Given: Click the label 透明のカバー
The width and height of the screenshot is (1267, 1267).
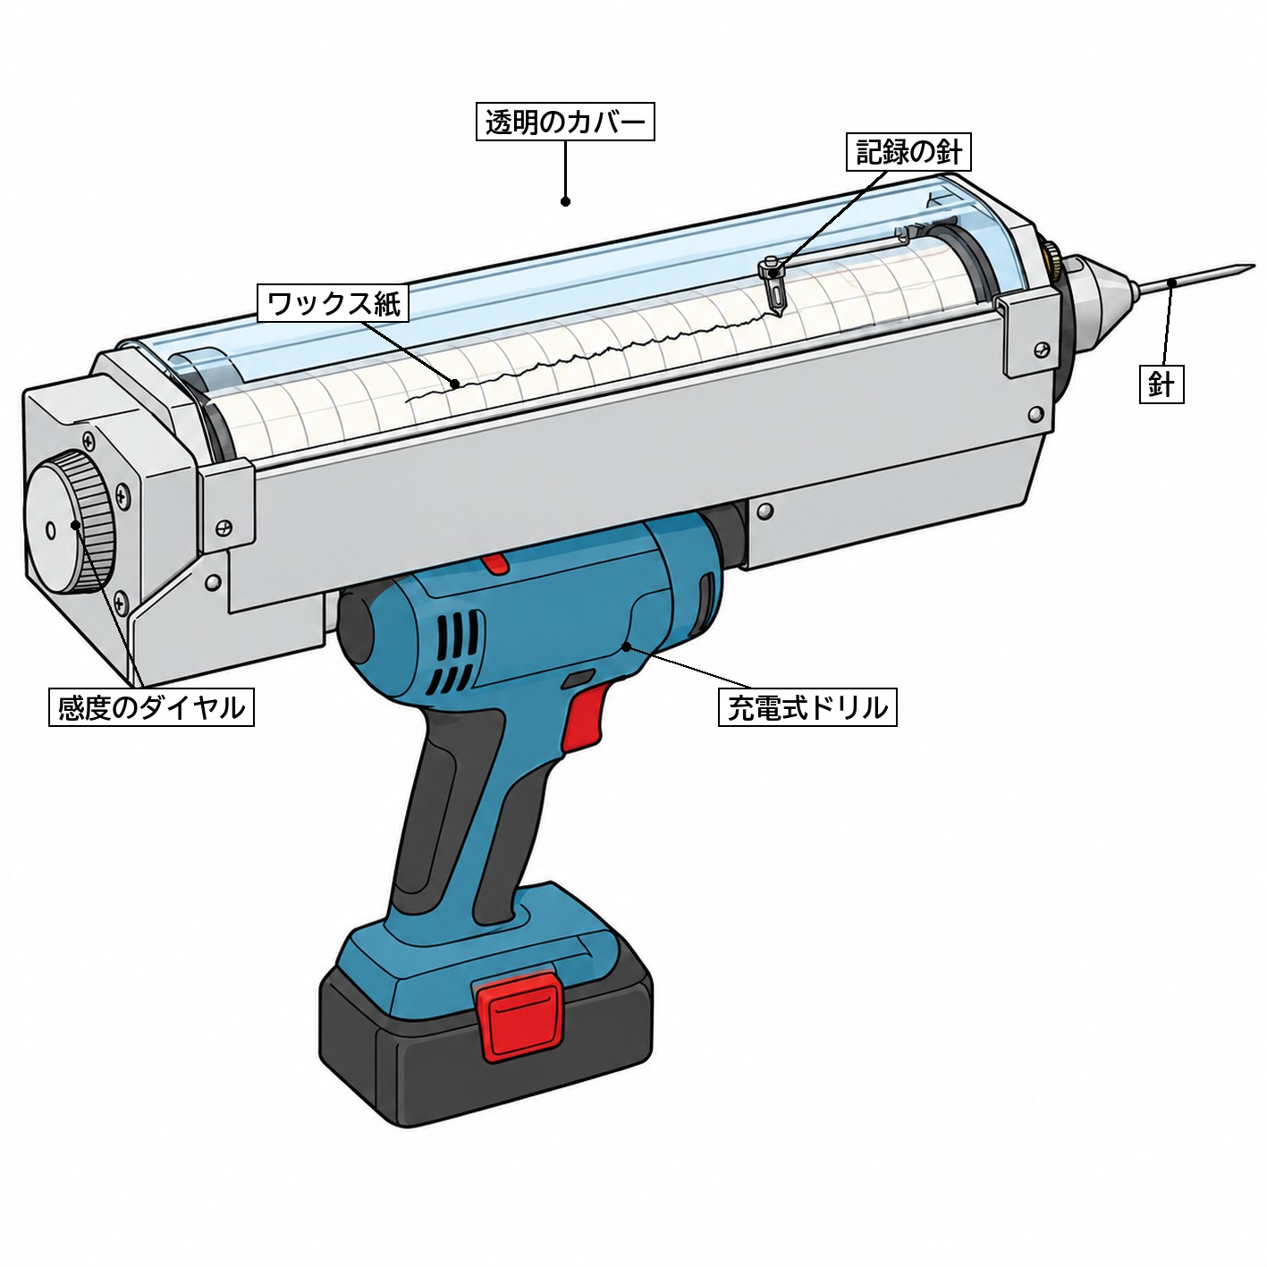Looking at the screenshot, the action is (x=565, y=122).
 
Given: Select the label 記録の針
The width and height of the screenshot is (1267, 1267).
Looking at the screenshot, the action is (x=908, y=153).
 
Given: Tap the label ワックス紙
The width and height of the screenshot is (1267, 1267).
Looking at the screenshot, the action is (x=334, y=303).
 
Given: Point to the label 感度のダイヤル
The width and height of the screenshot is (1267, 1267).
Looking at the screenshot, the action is (x=151, y=706).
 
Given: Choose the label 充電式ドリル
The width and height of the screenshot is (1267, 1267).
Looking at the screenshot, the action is (x=807, y=706).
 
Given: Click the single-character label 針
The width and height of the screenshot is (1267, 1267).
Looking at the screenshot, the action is (x=1161, y=384).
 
